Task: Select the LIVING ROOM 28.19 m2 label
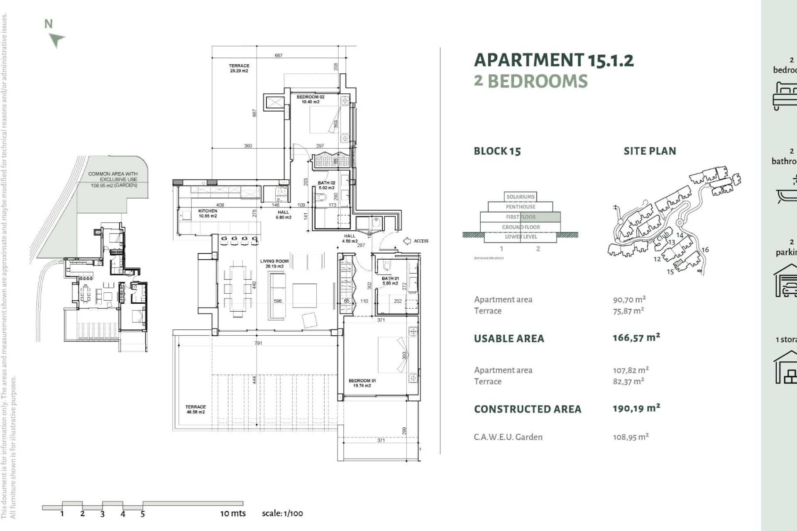[274, 264]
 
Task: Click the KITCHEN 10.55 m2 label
[208, 213]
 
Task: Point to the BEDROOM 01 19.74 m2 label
[362, 383]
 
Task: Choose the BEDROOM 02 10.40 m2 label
[310, 99]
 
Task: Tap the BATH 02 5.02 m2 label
[326, 185]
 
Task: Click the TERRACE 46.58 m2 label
[196, 409]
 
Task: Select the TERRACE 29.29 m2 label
[239, 68]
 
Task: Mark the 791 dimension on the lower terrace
[258, 343]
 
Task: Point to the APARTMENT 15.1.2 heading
[554, 61]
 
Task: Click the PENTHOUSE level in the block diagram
[520, 207]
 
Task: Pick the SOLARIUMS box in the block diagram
[520, 197]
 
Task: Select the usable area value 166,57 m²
[636, 338]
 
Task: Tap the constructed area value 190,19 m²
[636, 408]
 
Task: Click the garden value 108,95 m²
[631, 437]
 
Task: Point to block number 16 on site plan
[705, 250]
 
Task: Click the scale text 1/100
[282, 513]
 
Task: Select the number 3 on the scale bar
[102, 514]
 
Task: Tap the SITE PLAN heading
[650, 151]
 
